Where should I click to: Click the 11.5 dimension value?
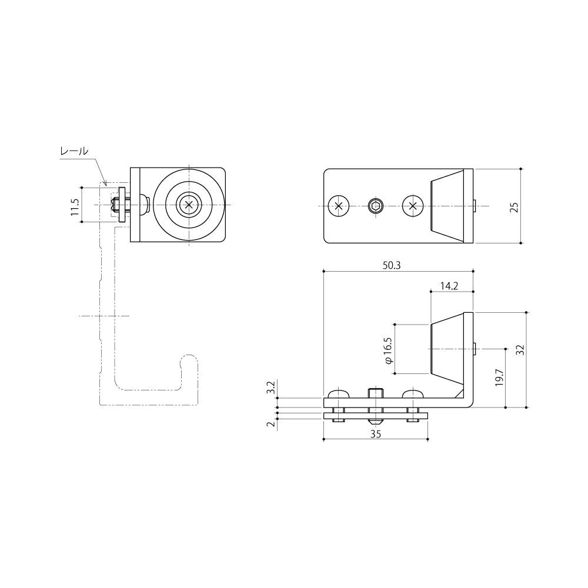pos(75,207)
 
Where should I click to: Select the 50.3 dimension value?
pos(392,266)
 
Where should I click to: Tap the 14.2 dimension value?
pos(449,286)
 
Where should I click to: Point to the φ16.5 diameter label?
pos(387,350)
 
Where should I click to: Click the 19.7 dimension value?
pos(499,377)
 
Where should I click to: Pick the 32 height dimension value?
pos(520,350)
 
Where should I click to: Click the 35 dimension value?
pos(375,434)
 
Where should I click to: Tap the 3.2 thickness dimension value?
pos(270,387)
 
